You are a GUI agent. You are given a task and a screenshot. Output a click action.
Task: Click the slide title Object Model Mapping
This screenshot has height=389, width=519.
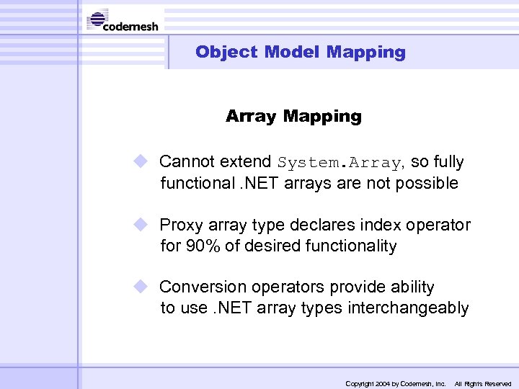coord(300,52)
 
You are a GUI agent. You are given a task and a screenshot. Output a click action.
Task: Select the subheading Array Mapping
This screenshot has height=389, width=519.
coord(293,116)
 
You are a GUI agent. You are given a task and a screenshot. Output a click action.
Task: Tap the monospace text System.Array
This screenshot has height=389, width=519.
coord(340,162)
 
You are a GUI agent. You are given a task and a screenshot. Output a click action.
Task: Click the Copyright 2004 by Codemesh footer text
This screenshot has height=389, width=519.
coord(396,384)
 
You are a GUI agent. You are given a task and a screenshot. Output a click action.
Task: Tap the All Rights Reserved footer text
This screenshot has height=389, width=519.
coord(482,384)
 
